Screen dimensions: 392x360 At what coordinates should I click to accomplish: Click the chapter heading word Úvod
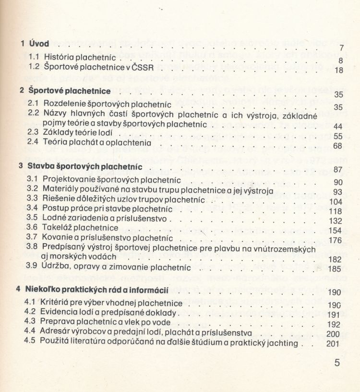(39, 44)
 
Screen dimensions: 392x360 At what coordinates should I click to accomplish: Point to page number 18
(338, 71)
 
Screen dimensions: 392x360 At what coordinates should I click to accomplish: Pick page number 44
(337, 126)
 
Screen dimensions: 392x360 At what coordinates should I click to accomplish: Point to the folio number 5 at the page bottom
(337, 363)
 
